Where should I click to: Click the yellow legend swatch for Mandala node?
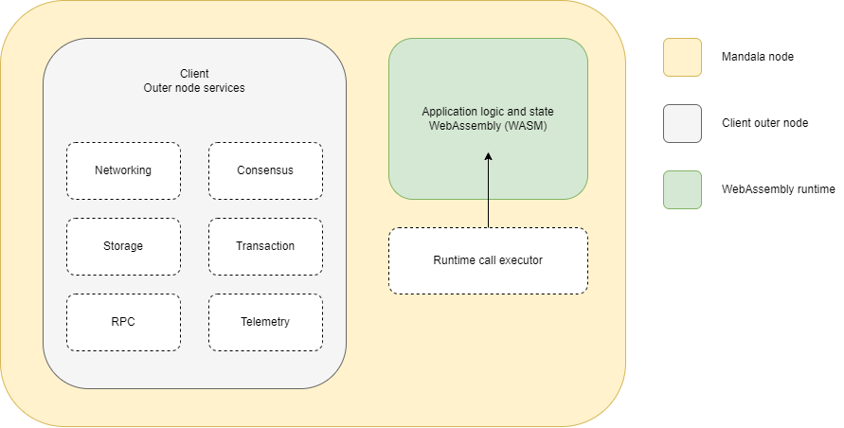[x=682, y=57]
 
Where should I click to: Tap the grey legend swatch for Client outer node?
[x=682, y=123]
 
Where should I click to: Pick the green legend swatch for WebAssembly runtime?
[x=682, y=189]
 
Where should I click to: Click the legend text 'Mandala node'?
[x=758, y=57]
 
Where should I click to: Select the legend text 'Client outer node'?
[x=764, y=123]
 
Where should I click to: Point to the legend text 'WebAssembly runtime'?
[x=778, y=189]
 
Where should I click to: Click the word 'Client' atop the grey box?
[x=194, y=74]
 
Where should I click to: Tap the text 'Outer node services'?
[x=194, y=88]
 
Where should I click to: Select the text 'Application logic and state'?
[x=488, y=112]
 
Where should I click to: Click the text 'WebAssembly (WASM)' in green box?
[x=488, y=126]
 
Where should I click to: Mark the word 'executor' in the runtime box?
[x=521, y=260]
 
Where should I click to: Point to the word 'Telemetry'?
[x=265, y=322]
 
